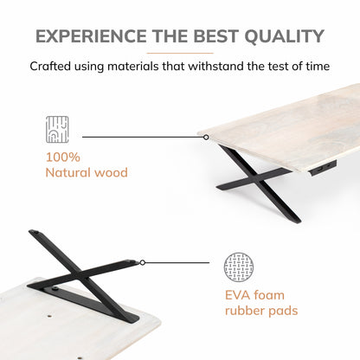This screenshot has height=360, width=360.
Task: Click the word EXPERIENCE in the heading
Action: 91,36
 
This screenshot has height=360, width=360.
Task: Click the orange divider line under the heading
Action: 180,53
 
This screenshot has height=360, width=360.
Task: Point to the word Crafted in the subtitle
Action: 50,66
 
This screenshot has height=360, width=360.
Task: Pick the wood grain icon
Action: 57,129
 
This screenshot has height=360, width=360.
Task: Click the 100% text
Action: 63,157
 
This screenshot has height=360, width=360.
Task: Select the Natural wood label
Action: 87,172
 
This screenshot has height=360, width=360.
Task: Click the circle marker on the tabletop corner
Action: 206,138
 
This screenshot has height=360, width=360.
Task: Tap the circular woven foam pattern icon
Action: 239,267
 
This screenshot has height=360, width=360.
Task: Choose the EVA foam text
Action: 254,295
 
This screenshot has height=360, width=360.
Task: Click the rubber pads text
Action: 261,311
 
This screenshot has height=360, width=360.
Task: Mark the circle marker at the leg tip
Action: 143,262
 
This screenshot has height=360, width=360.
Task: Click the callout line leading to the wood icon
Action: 143,137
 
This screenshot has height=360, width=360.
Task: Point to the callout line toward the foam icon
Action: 177,262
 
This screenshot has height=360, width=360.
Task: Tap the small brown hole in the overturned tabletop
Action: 49,316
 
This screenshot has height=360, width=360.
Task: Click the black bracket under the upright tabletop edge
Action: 323,167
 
